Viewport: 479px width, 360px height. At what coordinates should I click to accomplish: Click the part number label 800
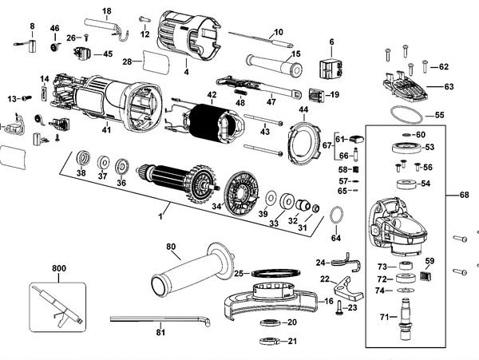58,268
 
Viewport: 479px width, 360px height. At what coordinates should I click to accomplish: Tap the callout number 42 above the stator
212,95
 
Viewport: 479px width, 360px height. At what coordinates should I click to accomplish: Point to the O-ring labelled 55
406,115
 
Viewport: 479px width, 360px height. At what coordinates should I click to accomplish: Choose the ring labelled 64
337,216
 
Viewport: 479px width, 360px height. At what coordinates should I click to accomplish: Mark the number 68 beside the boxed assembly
464,195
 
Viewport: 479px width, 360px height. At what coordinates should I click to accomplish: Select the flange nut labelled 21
270,341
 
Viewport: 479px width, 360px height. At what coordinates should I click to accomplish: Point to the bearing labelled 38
82,159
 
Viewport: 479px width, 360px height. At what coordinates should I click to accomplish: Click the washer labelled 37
104,163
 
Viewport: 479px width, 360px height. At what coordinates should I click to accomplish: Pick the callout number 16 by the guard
329,302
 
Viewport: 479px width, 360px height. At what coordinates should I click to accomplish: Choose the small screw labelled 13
27,98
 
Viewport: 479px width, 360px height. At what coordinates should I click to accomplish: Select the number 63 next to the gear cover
449,87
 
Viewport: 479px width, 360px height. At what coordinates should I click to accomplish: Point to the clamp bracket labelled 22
348,288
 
